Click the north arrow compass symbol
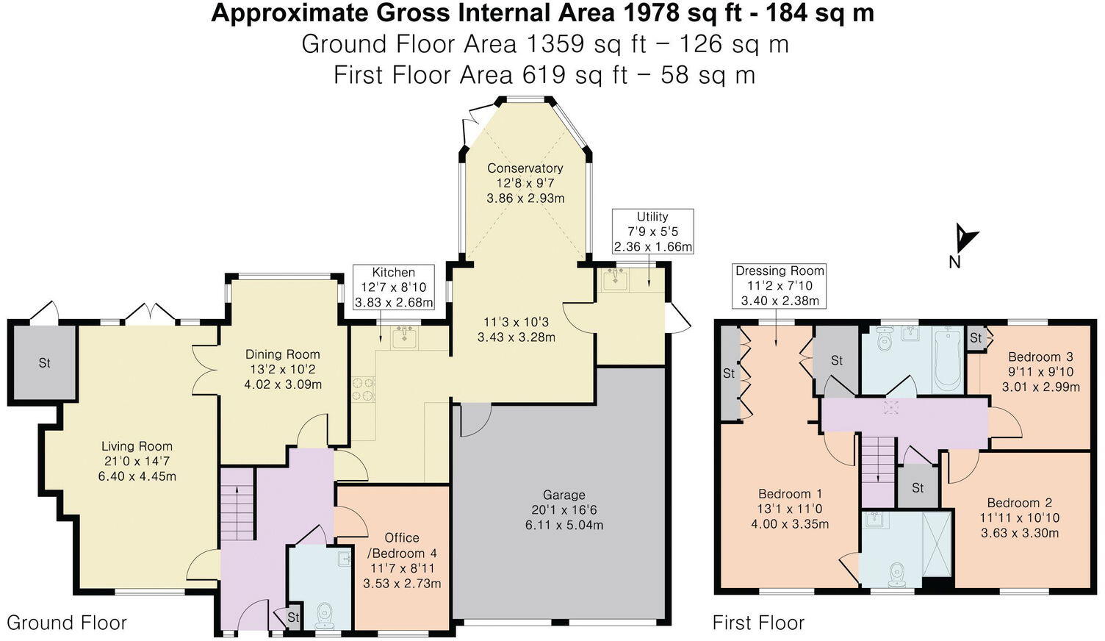963,239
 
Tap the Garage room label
564,495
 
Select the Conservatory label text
525,168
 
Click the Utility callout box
652,232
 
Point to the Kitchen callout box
393,287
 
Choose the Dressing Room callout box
780,286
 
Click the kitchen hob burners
364,389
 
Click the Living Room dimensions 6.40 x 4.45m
137,476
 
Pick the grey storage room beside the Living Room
44,362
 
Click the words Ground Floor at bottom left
67,623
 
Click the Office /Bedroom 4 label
402,545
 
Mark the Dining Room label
283,354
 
